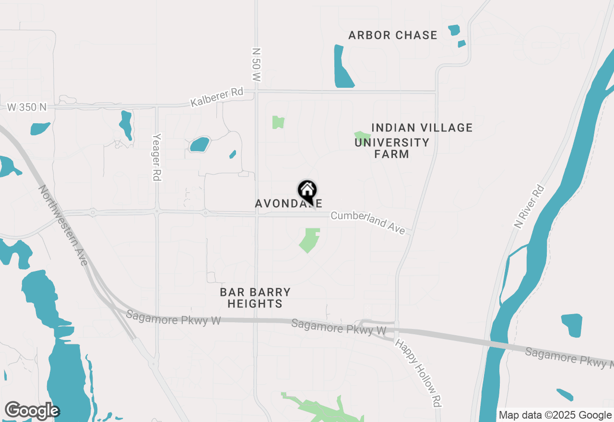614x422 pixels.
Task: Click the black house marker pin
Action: point(307,191)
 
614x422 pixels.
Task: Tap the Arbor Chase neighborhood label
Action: point(392,35)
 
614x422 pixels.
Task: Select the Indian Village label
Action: point(422,128)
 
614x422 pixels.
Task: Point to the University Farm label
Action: point(392,148)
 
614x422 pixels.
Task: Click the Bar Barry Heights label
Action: point(255,298)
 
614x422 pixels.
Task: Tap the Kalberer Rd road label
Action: point(217,97)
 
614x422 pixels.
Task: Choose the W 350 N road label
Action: point(27,107)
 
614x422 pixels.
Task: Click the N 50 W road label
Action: point(257,64)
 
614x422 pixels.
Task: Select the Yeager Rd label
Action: point(156,157)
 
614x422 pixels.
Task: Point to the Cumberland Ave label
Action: point(368,223)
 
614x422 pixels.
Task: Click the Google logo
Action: point(32,411)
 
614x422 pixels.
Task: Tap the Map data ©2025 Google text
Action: point(555,415)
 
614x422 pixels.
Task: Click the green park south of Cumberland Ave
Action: point(310,240)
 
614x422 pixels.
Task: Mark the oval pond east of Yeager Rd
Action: point(199,144)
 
